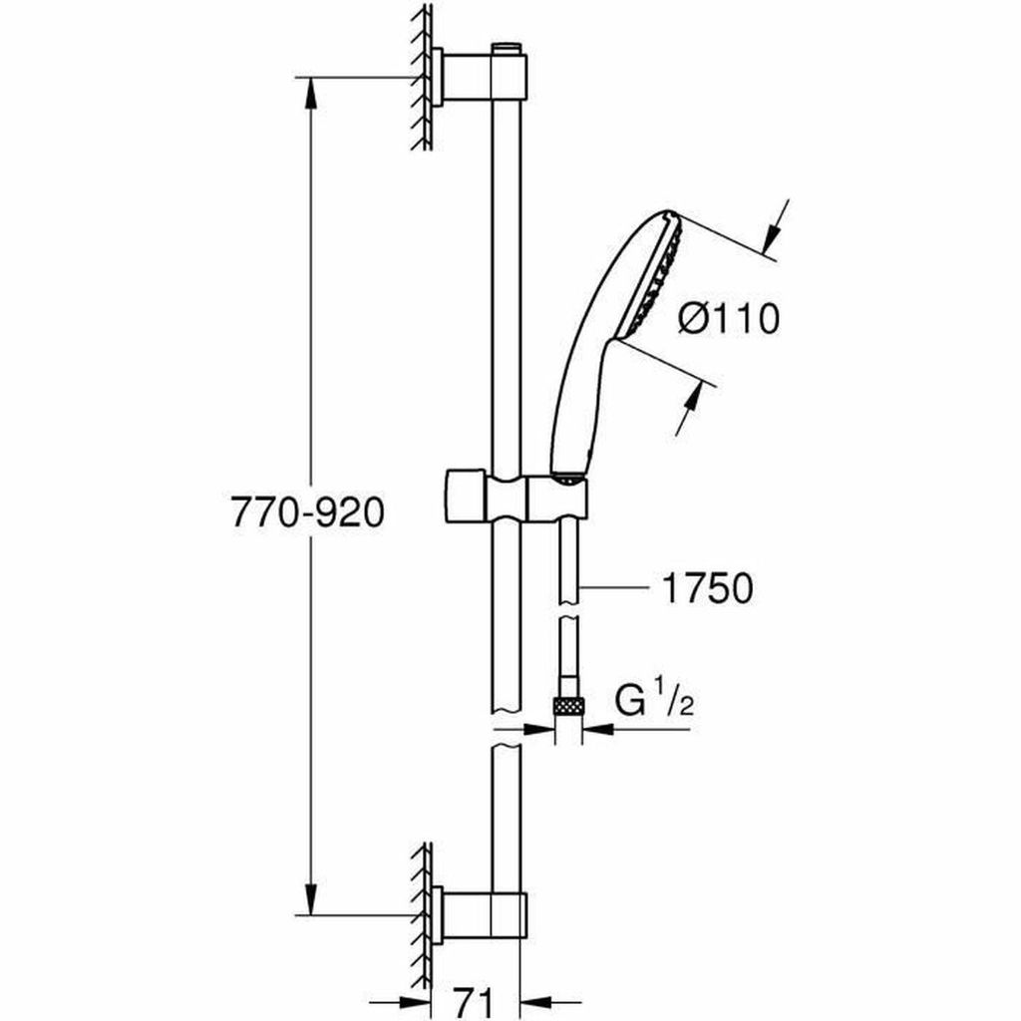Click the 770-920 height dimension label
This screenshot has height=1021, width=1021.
coord(309,512)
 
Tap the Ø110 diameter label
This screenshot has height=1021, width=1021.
coord(728,320)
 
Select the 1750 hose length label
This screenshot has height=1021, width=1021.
coord(707,588)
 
